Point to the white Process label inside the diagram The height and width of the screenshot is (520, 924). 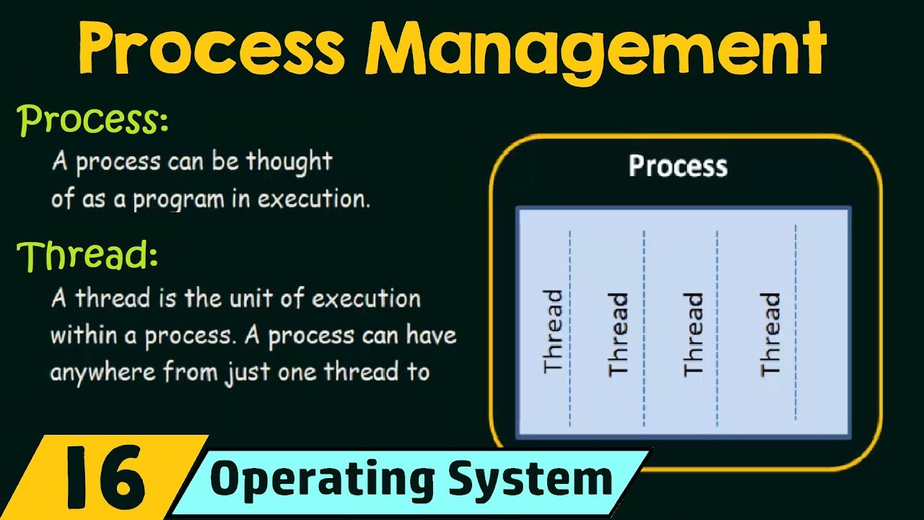[x=678, y=166]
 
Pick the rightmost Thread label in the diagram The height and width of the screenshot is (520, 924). [x=771, y=333]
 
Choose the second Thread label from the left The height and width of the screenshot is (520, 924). [x=619, y=333]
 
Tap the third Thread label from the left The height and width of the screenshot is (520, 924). [x=693, y=333]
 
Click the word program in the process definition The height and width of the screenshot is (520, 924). [x=179, y=199]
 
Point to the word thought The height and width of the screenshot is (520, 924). [x=289, y=162]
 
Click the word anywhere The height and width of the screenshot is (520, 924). [x=103, y=373]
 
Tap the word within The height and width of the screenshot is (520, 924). [x=78, y=336]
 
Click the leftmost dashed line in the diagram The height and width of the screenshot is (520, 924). [x=570, y=329]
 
